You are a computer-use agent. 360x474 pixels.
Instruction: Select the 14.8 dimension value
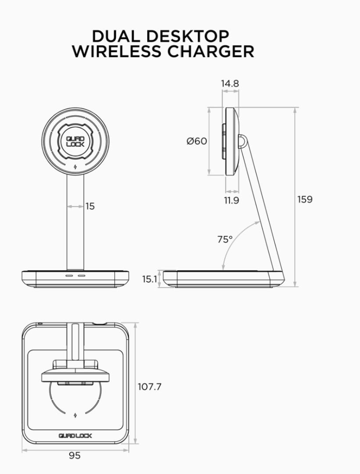click(x=230, y=83)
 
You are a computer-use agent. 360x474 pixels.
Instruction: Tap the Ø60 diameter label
click(x=196, y=141)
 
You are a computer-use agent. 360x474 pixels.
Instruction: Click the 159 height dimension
click(x=305, y=199)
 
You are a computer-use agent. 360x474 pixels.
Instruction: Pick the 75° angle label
click(x=225, y=240)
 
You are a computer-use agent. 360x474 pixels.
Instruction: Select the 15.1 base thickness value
click(x=149, y=279)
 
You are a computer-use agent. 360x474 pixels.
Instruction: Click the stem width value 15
click(x=90, y=206)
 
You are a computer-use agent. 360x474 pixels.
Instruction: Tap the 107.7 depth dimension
click(x=150, y=387)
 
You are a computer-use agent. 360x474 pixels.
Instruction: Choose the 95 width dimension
click(x=75, y=456)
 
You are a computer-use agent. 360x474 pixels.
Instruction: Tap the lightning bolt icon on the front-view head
click(x=75, y=167)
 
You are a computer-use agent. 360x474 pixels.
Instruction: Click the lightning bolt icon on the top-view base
click(x=75, y=415)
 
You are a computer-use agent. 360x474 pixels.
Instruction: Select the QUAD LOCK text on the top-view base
click(x=75, y=436)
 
